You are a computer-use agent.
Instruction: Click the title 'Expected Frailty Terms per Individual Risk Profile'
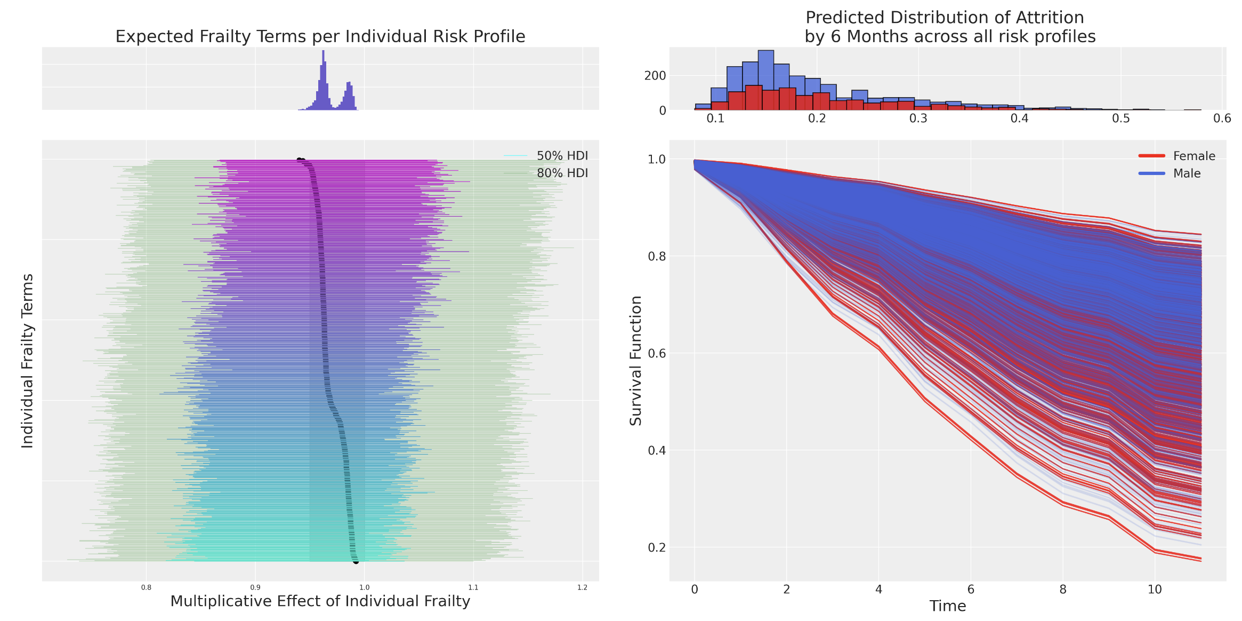(x=320, y=36)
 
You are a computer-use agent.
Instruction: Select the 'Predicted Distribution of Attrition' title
(x=945, y=18)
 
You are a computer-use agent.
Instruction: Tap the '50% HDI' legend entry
(x=562, y=156)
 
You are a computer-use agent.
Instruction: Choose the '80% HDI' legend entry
(x=562, y=173)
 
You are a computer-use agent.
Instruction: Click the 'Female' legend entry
(x=1194, y=156)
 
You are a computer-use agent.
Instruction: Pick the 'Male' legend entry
(x=1187, y=173)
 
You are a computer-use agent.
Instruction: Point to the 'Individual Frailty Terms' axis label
(x=27, y=361)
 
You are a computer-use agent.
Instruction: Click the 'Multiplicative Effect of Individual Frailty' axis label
(x=320, y=601)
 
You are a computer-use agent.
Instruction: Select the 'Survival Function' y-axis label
(x=635, y=361)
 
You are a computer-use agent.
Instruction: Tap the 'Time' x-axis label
(x=948, y=606)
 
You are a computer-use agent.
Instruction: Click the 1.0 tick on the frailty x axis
(x=364, y=587)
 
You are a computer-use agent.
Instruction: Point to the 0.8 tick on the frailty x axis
(x=146, y=587)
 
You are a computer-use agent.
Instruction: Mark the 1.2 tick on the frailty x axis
(x=582, y=587)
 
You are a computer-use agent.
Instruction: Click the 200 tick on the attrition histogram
(x=655, y=76)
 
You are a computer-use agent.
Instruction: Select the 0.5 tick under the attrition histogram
(x=1121, y=118)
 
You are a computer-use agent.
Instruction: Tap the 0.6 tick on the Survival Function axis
(x=656, y=353)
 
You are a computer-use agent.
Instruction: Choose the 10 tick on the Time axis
(x=1155, y=590)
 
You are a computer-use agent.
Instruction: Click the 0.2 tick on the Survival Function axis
(x=656, y=547)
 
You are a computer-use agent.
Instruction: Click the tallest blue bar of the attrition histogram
(x=766, y=80)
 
